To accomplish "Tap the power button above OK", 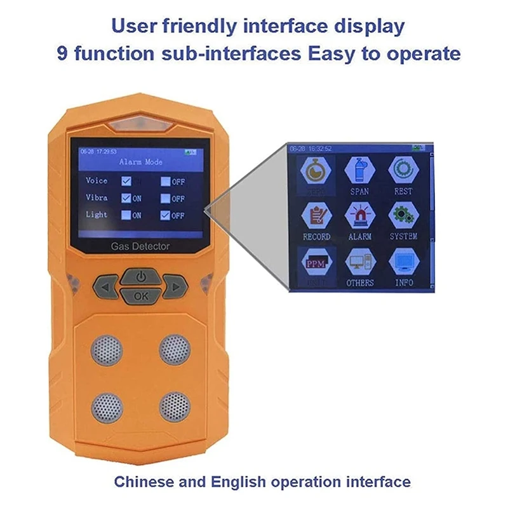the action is click(x=141, y=277).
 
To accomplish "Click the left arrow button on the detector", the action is click(x=105, y=287).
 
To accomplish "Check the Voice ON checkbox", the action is click(x=126, y=181).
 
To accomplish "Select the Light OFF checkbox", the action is click(x=164, y=215).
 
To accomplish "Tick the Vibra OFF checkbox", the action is click(x=164, y=198).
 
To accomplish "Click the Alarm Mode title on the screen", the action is click(x=141, y=162).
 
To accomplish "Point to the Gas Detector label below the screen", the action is click(x=140, y=246).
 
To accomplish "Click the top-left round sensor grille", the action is click(x=106, y=349).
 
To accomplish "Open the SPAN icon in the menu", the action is click(x=359, y=170).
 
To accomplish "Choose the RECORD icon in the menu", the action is click(x=316, y=215).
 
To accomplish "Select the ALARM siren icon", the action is click(x=359, y=215).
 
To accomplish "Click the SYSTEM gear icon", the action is click(x=403, y=215).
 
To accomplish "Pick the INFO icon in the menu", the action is click(x=403, y=261).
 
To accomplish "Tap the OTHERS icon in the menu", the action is click(x=359, y=261).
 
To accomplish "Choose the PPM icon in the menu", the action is click(x=316, y=261).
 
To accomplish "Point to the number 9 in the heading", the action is click(x=63, y=53).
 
